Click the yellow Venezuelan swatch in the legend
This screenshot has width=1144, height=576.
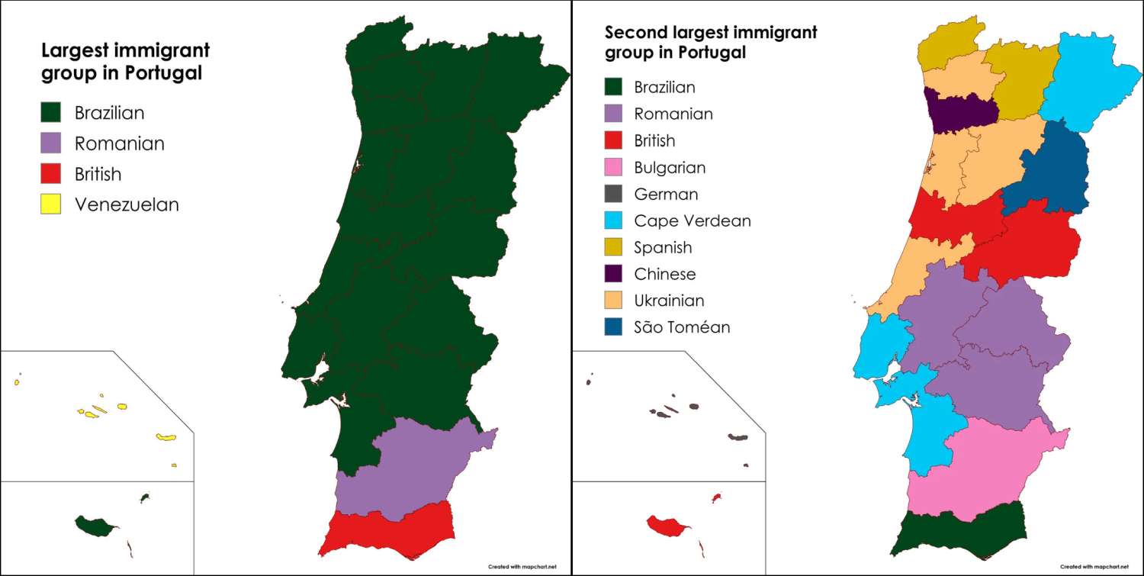coord(50,204)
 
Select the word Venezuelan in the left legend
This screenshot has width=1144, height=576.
coord(127,204)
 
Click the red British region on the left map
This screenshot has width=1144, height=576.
coord(389,530)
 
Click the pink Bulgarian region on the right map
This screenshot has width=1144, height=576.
coord(984,469)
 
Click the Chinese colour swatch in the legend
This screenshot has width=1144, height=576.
coord(614,274)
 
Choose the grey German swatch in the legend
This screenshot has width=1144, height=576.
coord(614,194)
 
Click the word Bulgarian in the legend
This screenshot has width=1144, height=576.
coord(670,167)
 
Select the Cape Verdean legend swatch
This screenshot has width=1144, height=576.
coord(614,220)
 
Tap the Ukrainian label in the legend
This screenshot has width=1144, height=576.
coord(669,301)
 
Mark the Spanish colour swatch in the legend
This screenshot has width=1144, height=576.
coord(614,247)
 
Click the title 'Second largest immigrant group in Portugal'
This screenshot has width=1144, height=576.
coord(710,43)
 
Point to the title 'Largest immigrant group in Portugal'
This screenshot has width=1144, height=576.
coord(125,62)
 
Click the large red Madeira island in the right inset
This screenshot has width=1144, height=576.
coord(665,526)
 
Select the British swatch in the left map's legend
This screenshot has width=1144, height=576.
coord(50,174)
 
